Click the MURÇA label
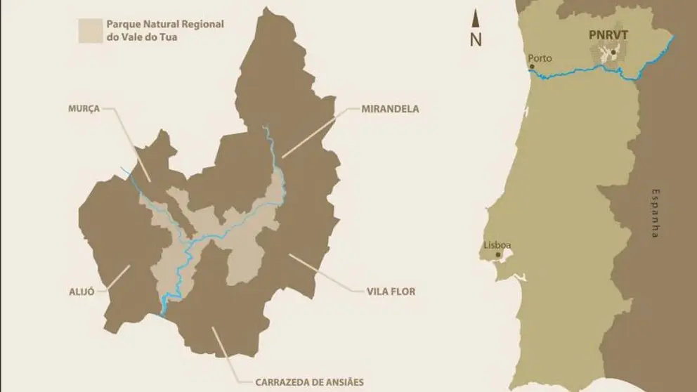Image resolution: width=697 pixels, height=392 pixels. coord(84,109)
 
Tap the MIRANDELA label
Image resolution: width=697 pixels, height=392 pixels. coord(390,109)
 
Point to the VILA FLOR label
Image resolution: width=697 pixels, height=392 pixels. coord(390,289)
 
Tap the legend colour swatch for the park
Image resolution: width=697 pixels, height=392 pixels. coord(89,31)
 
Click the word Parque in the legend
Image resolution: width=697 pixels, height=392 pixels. coord(122,25)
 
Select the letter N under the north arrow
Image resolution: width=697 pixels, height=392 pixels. coord(476,39)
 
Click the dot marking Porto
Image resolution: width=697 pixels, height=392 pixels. coord(531,67)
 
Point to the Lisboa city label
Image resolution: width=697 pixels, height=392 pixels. coord(497,245)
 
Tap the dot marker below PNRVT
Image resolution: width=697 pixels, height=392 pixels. coord(613,52)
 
